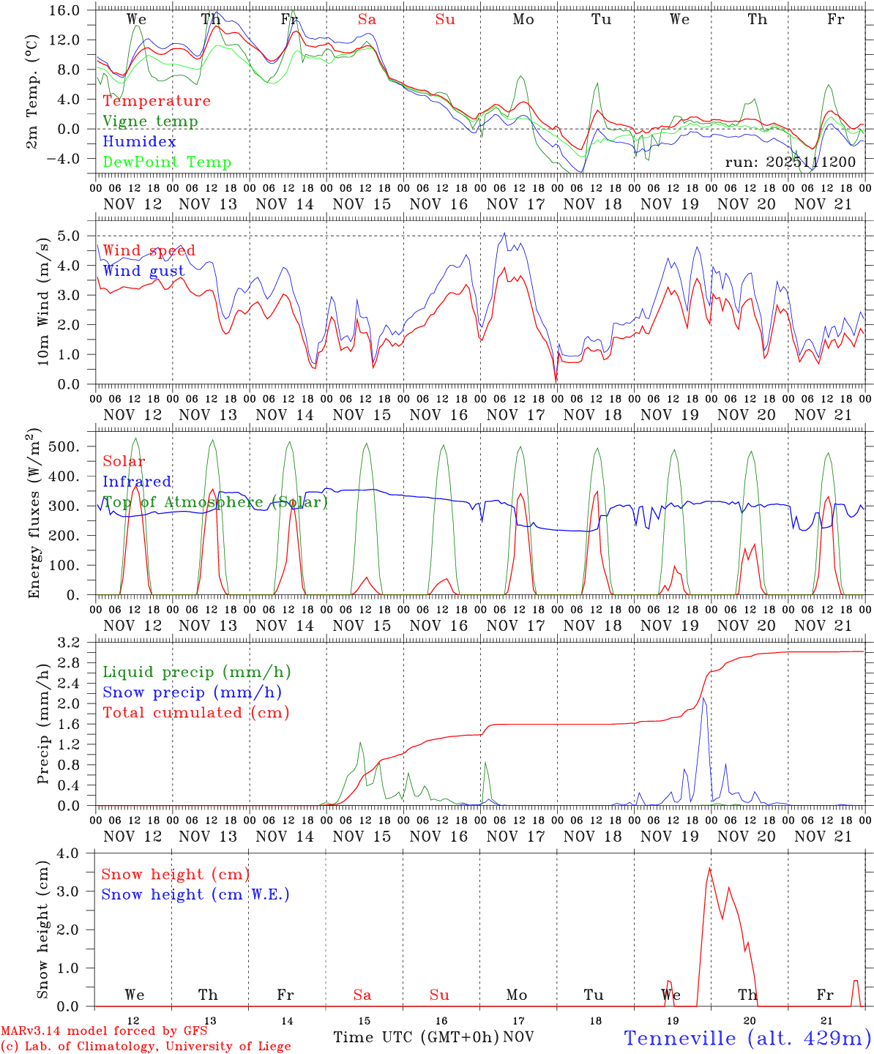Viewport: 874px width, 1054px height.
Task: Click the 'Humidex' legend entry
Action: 139,142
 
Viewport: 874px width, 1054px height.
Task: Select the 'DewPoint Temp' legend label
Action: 167,162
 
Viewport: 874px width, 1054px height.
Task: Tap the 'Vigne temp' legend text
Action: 150,122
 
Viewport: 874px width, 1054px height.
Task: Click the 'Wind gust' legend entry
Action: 143,271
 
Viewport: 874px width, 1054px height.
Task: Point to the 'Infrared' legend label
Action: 137,482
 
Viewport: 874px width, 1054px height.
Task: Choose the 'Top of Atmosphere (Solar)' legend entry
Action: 214,502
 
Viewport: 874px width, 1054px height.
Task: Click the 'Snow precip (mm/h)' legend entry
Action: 192,692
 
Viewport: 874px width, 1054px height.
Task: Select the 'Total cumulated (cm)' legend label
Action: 196,713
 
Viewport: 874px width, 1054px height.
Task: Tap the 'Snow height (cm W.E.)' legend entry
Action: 195,894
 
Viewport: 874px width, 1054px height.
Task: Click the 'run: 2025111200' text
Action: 790,162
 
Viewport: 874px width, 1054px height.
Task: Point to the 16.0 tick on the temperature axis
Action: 75,10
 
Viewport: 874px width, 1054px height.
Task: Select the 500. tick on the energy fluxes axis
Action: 72,446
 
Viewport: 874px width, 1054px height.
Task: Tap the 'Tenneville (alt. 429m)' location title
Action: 747,1038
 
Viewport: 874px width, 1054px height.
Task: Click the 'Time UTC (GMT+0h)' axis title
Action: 416,1037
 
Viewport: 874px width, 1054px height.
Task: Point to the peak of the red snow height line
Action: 709,869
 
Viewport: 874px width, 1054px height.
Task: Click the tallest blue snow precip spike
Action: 703,698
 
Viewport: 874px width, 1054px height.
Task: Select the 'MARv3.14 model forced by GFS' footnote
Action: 104,1031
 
